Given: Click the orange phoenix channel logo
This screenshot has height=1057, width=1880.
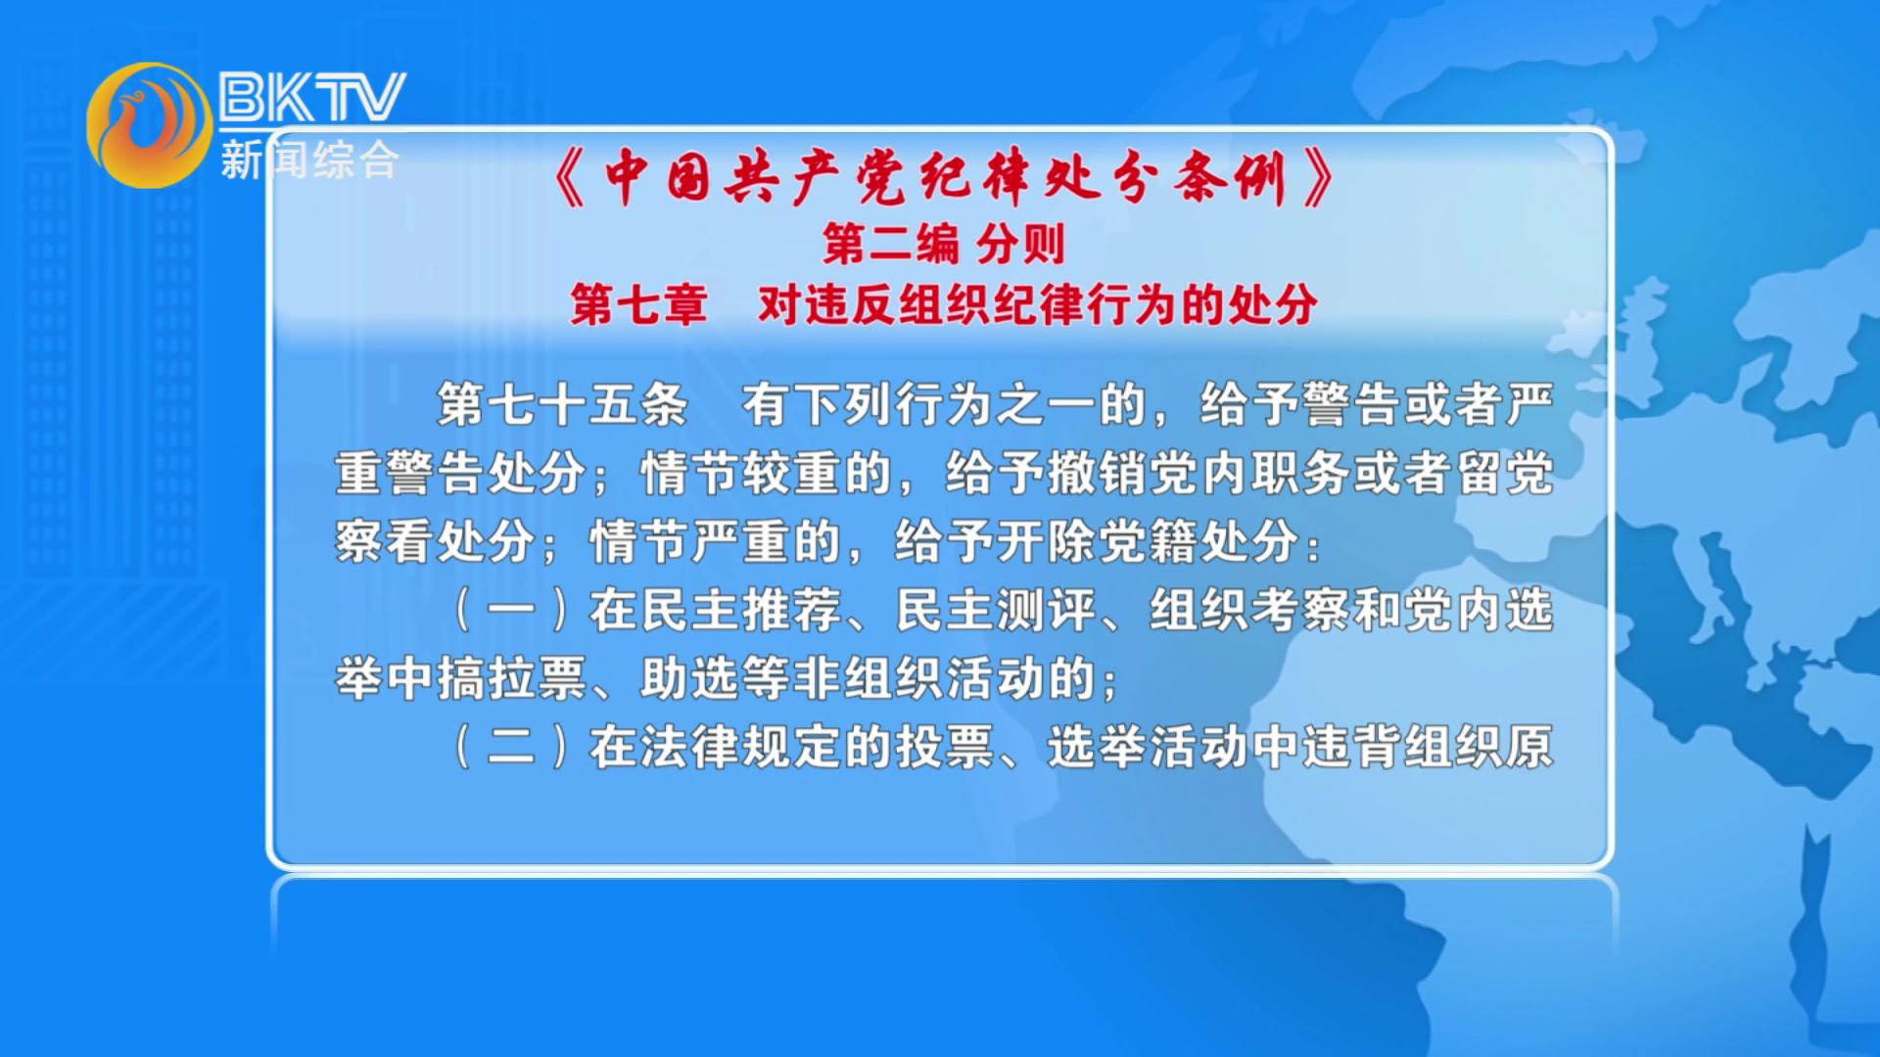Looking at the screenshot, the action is click(149, 124).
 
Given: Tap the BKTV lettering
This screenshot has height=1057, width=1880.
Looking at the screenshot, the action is click(311, 96).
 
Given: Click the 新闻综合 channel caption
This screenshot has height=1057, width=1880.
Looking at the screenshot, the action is click(309, 160).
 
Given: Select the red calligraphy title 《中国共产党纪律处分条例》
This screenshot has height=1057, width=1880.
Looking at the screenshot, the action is click(944, 177).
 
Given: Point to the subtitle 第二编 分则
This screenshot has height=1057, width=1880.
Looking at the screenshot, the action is click(943, 244).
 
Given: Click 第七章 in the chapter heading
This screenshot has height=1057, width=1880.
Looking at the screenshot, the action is click(638, 304).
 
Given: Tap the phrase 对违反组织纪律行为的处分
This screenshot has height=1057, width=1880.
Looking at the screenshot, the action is click(1038, 304).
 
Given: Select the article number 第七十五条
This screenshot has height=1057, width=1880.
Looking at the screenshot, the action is click(562, 404).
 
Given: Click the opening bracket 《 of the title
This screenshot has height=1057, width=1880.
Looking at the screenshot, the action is click(571, 177).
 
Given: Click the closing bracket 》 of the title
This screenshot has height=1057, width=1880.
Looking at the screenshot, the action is click(1318, 177).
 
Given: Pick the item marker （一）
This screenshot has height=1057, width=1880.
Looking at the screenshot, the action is click(511, 610).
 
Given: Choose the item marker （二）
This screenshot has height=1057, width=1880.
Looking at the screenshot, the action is click(511, 747).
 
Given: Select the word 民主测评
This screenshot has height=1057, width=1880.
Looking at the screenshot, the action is click(996, 610).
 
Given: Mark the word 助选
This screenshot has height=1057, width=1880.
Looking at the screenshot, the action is click(690, 678).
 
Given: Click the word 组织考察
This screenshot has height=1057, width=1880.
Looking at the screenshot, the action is click(1250, 610).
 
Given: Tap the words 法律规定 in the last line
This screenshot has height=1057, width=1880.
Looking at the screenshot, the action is click(741, 747).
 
